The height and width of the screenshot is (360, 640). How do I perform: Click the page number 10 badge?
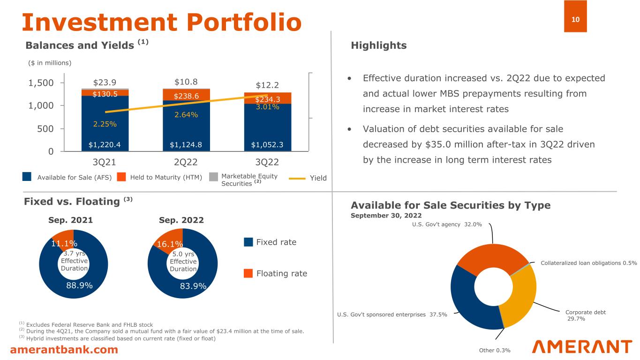coord(575,19)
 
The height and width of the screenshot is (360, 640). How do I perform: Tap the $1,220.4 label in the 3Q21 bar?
coord(105,144)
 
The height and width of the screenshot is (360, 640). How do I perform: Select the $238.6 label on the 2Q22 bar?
coord(186,96)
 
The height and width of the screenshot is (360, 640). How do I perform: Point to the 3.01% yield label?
coord(268,107)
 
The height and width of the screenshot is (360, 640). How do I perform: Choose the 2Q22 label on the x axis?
coord(186,162)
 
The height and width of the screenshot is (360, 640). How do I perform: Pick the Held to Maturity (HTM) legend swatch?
coord(121,177)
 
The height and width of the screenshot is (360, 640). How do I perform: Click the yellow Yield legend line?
coord(297,178)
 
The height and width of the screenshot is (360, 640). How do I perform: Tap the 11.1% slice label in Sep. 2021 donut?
coord(64,242)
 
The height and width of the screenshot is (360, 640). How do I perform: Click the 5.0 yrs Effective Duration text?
coord(182,262)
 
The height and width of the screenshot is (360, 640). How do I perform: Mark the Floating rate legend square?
coord(248,273)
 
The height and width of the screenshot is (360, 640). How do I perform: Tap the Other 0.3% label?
coord(494,350)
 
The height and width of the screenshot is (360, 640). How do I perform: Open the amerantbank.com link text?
coord(64,350)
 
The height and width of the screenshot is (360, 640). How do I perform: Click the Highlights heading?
coord(378,45)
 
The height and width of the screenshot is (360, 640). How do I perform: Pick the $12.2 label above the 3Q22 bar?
coord(267,85)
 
